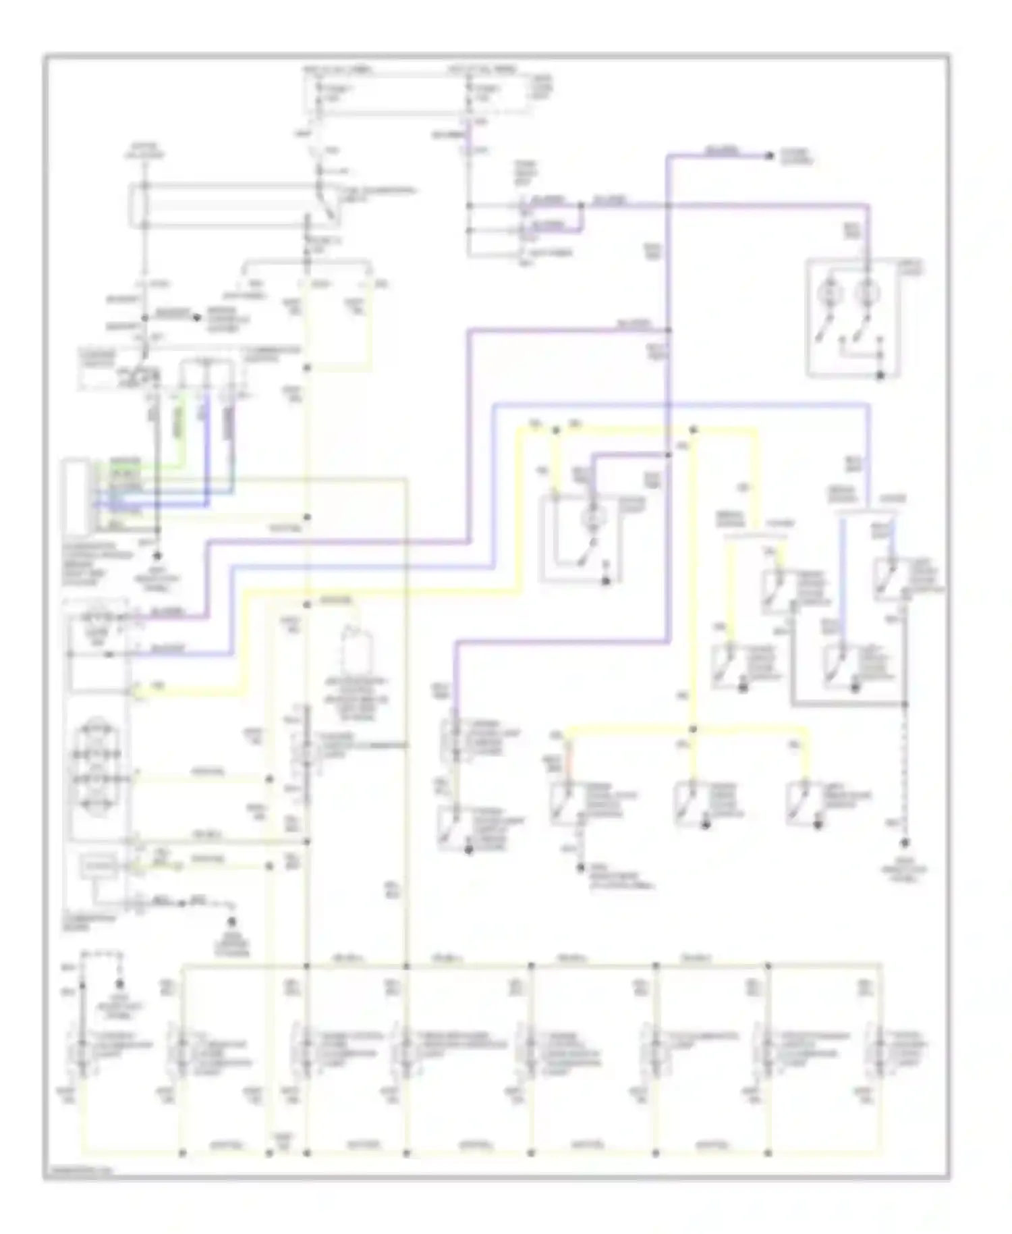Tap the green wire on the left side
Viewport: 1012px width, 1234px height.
tap(179, 432)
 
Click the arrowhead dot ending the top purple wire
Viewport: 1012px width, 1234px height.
tap(768, 157)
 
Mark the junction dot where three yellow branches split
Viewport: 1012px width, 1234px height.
tap(693, 730)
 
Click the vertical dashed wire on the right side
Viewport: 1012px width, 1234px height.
tap(905, 770)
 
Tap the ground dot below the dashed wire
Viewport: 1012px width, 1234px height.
tap(905, 842)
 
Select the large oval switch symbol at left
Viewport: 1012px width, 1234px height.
tap(97, 767)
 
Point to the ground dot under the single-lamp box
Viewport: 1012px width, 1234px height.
tap(605, 581)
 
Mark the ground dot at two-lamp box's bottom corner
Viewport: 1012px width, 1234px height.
tap(880, 375)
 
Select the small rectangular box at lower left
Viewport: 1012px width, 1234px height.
tap(99, 865)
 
